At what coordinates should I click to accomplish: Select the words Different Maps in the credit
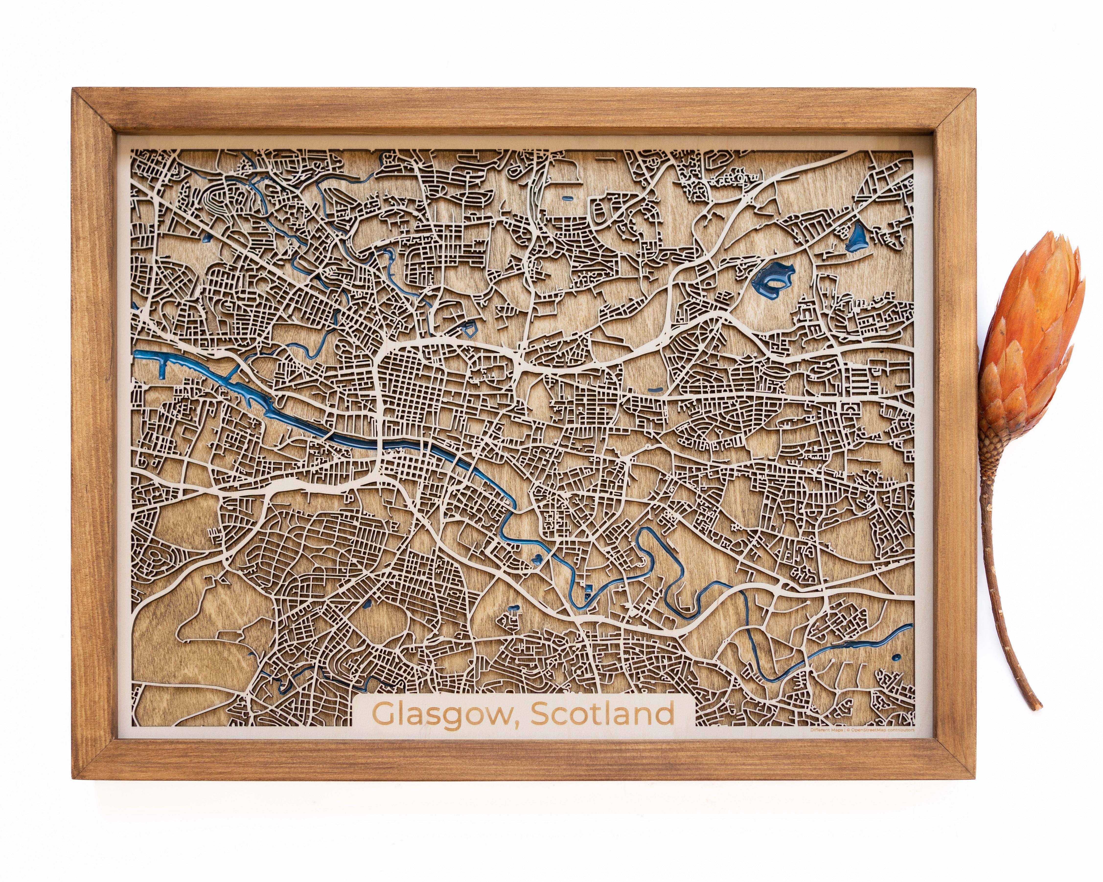pyautogui.click(x=827, y=730)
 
